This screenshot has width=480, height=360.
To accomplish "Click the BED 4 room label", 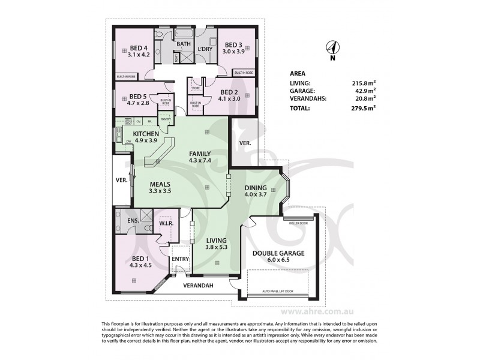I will click(x=137, y=48).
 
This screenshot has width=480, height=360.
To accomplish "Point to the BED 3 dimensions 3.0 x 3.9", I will click(x=235, y=52).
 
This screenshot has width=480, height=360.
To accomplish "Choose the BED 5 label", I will click(x=137, y=96).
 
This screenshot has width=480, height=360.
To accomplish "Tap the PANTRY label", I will click(x=165, y=119).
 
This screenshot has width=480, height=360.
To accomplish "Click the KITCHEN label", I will click(x=145, y=133).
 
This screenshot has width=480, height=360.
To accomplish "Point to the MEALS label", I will click(x=160, y=184).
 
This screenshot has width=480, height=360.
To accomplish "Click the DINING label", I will click(x=255, y=187).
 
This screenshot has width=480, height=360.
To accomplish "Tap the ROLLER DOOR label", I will click(x=298, y=223).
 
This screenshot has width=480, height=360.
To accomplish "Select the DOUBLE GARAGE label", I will click(x=278, y=253).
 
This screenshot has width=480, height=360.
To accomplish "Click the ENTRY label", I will click(x=179, y=259).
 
